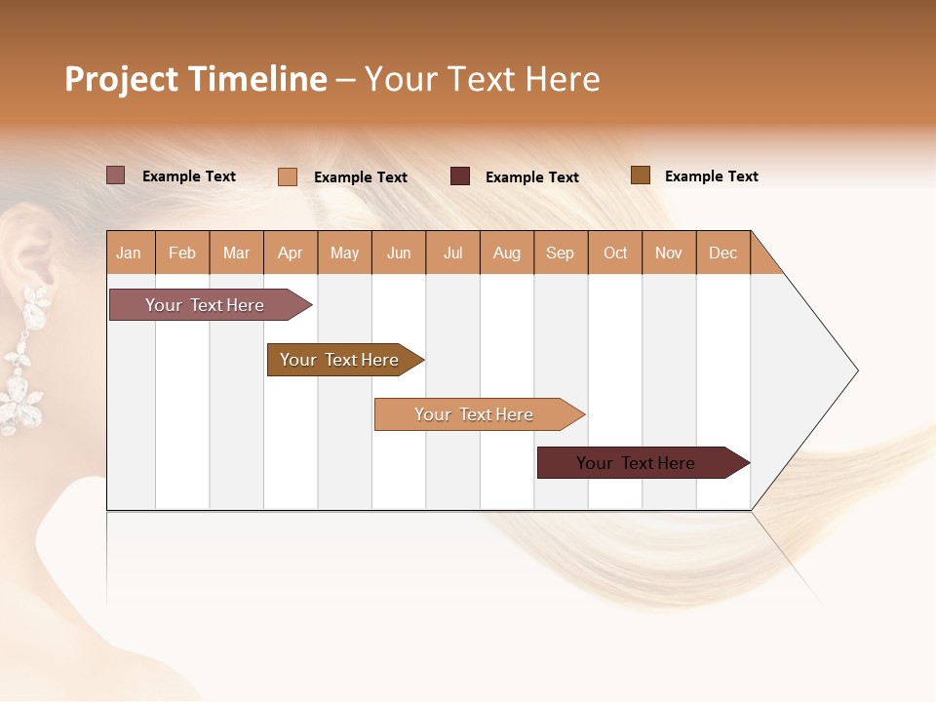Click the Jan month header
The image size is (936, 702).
coord(129,253)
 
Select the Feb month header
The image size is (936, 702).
coord(182,253)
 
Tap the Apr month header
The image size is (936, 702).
coord(291,253)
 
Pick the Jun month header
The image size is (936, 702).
coord(399,253)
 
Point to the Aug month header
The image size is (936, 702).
coord(507,253)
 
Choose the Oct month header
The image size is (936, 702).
coord(615,253)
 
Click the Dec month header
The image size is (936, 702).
coord(723,253)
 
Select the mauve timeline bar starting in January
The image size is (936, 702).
coord(205,305)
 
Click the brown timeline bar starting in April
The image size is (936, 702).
coord(339,360)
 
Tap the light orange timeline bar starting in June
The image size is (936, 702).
coord(474,414)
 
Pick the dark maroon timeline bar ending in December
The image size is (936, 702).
coord(636,463)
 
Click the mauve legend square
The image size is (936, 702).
coord(116,175)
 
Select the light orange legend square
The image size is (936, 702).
coord(288,176)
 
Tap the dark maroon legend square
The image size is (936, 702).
coord(460,176)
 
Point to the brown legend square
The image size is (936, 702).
coord(641,175)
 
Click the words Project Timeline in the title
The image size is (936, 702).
coord(196,79)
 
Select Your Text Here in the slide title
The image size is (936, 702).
coord(482,79)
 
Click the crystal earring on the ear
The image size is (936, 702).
coord(24,361)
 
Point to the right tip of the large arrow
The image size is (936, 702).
coord(856,370)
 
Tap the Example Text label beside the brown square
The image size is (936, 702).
coord(711,176)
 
